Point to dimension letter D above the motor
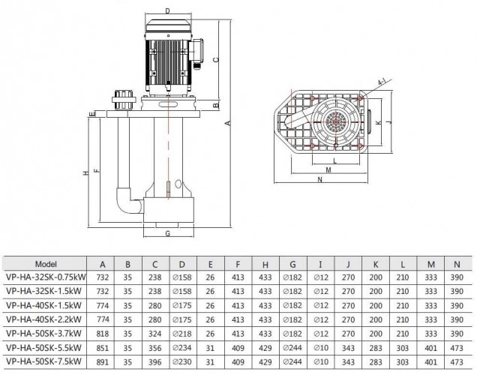pos(166,10)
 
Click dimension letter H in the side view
pos(85,172)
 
